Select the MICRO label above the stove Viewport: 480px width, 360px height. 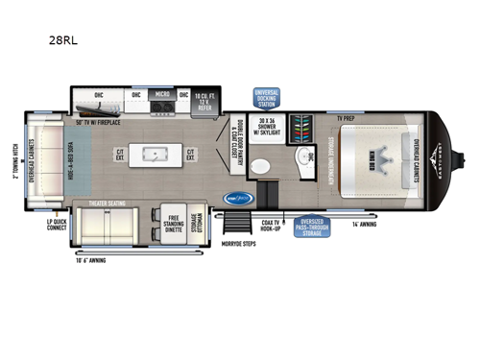click(161, 95)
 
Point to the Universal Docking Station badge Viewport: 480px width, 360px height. click(266, 98)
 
